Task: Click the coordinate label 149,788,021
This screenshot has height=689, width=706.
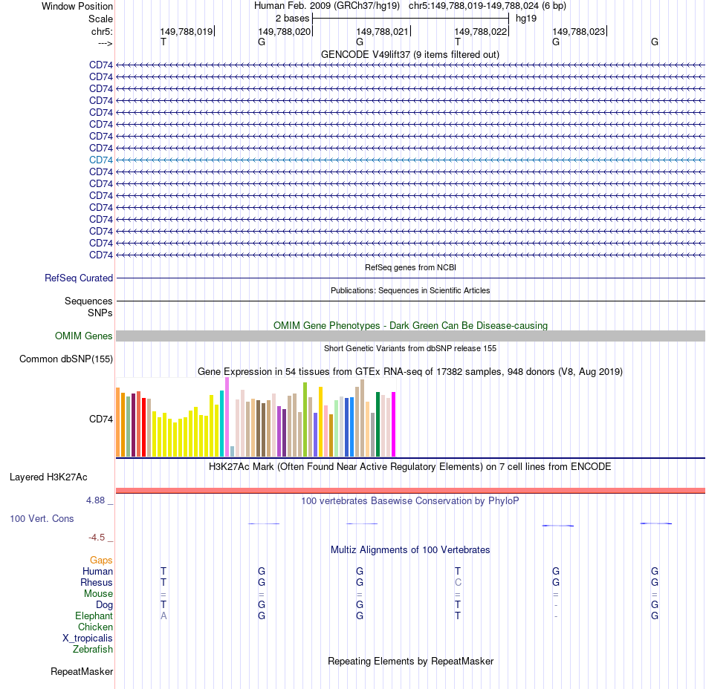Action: click(x=382, y=31)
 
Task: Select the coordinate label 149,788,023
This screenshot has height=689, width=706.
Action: click(x=578, y=31)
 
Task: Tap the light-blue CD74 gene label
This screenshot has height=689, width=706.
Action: click(x=101, y=160)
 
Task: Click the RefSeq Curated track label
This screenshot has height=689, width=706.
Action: click(x=79, y=278)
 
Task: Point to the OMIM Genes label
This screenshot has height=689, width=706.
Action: click(x=84, y=336)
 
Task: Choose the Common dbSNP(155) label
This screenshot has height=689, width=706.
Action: click(x=66, y=359)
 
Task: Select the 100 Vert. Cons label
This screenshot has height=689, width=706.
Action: click(x=42, y=518)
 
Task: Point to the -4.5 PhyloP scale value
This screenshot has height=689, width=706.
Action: click(x=97, y=538)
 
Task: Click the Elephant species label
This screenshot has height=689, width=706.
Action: click(x=94, y=615)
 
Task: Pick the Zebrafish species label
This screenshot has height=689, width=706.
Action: click(x=93, y=649)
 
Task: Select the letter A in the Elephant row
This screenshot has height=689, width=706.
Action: click(x=163, y=615)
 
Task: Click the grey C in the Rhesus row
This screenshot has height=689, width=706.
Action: click(x=459, y=582)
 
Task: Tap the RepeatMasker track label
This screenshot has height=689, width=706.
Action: click(x=82, y=672)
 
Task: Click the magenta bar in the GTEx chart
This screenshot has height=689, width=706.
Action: click(x=393, y=424)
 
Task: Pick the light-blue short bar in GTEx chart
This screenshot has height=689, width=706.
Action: click(x=233, y=451)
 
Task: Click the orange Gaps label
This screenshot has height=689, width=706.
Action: click(x=102, y=560)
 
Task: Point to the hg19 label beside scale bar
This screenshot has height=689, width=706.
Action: click(x=526, y=18)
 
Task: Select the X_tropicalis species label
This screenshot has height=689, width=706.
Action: click(x=88, y=638)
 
